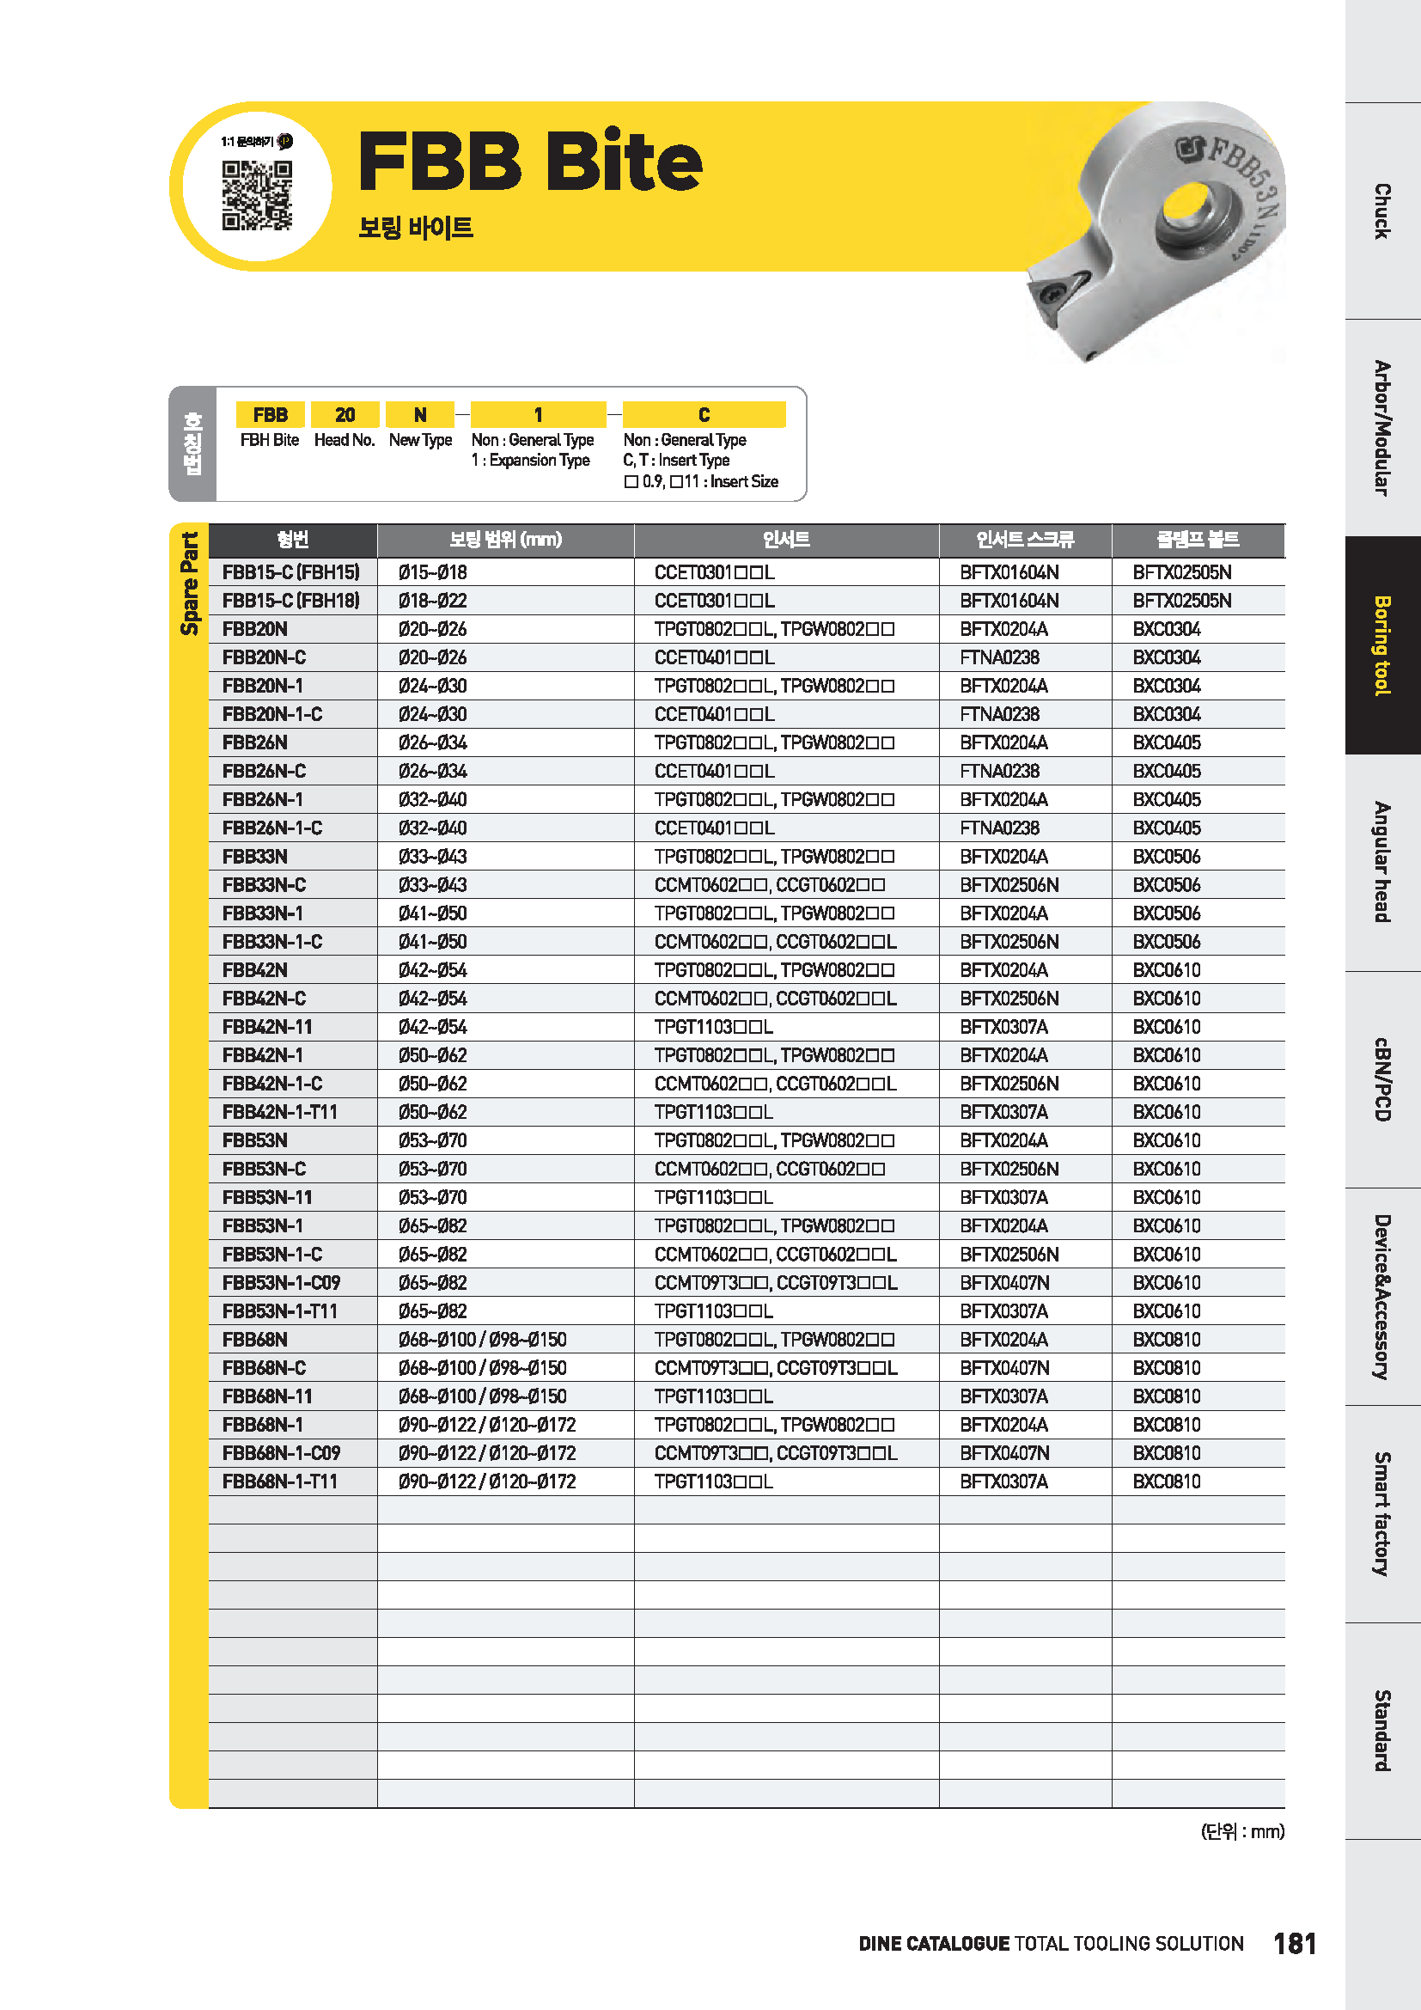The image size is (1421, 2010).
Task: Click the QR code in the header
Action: coord(256,194)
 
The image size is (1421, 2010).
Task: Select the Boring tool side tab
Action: coord(1381,645)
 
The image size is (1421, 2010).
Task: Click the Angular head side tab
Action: coord(1381,861)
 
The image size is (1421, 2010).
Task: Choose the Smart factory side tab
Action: coord(1381,1513)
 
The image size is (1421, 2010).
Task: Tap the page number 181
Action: coord(1294,1944)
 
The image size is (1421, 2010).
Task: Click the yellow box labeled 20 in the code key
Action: coord(345,414)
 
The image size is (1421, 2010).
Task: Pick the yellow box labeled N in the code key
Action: coord(420,414)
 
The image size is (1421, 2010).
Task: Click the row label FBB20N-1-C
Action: coord(272,714)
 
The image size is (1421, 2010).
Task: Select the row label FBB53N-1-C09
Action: coord(281,1282)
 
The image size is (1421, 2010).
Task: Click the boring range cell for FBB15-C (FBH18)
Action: coord(432,601)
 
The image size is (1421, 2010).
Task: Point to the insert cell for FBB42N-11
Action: coord(713,1027)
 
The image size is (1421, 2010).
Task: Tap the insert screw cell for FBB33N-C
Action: coord(1009,885)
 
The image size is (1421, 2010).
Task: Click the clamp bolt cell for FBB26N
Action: coord(1167,742)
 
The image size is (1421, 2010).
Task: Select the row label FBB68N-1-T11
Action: coord(279,1482)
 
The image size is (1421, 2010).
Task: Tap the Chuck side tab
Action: coord(1381,211)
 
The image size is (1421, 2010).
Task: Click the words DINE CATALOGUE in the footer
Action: coord(934,1944)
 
